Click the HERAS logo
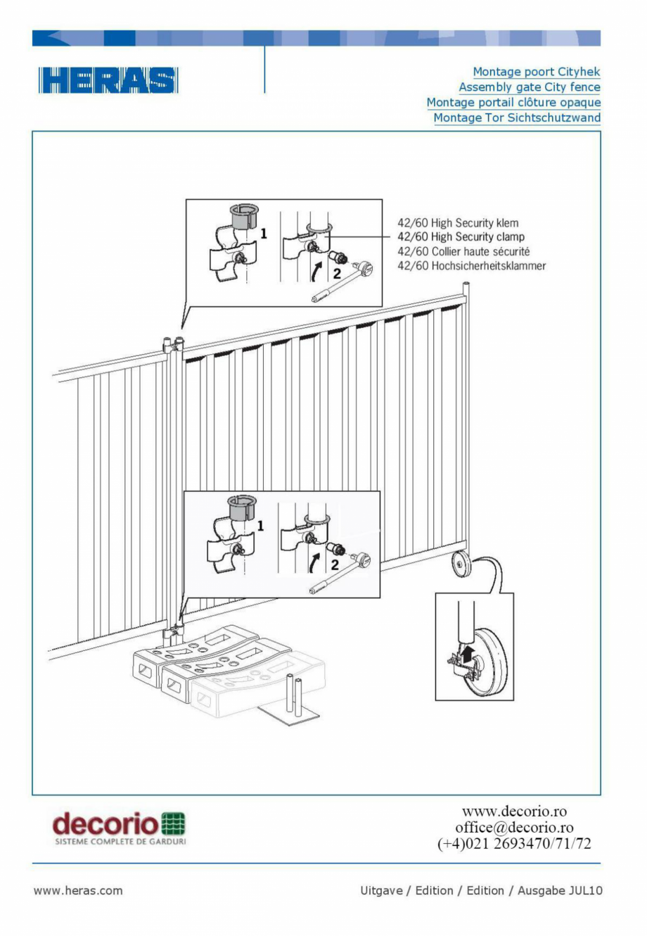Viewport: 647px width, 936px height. click(108, 81)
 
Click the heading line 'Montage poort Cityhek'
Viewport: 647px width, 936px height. click(536, 72)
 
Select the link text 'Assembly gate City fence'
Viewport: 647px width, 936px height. click(529, 87)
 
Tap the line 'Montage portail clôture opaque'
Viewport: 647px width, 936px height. click(513, 103)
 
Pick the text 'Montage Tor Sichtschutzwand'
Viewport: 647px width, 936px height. click(517, 118)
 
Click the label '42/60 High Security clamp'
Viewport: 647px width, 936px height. click(461, 237)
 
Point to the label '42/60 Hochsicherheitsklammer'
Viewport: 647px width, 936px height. click(471, 266)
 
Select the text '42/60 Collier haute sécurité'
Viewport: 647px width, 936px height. click(463, 251)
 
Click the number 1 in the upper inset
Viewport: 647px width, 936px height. click(264, 233)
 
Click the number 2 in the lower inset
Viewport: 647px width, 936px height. click(335, 564)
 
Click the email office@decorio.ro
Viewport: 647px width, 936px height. click(514, 828)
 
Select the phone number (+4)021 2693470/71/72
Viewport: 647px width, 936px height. click(514, 844)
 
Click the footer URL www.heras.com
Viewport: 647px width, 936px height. click(78, 891)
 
